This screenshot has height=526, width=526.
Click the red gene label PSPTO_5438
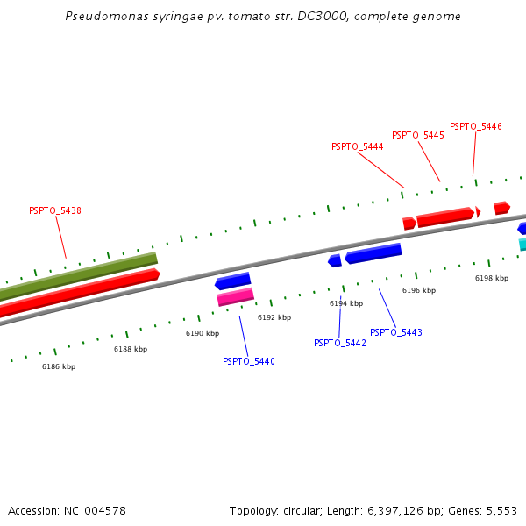[55, 210]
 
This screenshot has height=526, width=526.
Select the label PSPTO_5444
[357, 147]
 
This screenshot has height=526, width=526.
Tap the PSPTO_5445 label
[417, 136]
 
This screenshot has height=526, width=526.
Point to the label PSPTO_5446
[475, 127]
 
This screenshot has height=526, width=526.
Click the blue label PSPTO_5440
[248, 361]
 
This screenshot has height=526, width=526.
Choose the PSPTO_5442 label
[339, 343]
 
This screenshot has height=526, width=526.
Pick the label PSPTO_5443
[395, 333]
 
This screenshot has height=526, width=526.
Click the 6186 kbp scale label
[59, 366]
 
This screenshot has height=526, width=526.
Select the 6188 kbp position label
[131, 349]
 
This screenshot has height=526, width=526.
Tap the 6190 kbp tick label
[202, 333]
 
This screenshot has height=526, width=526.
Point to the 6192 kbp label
[274, 317]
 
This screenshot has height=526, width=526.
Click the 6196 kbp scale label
[418, 290]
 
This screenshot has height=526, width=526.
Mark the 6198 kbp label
[491, 278]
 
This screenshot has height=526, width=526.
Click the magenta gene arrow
[235, 297]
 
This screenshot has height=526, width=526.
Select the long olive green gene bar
[79, 274]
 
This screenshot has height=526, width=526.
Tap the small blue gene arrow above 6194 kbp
[334, 260]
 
